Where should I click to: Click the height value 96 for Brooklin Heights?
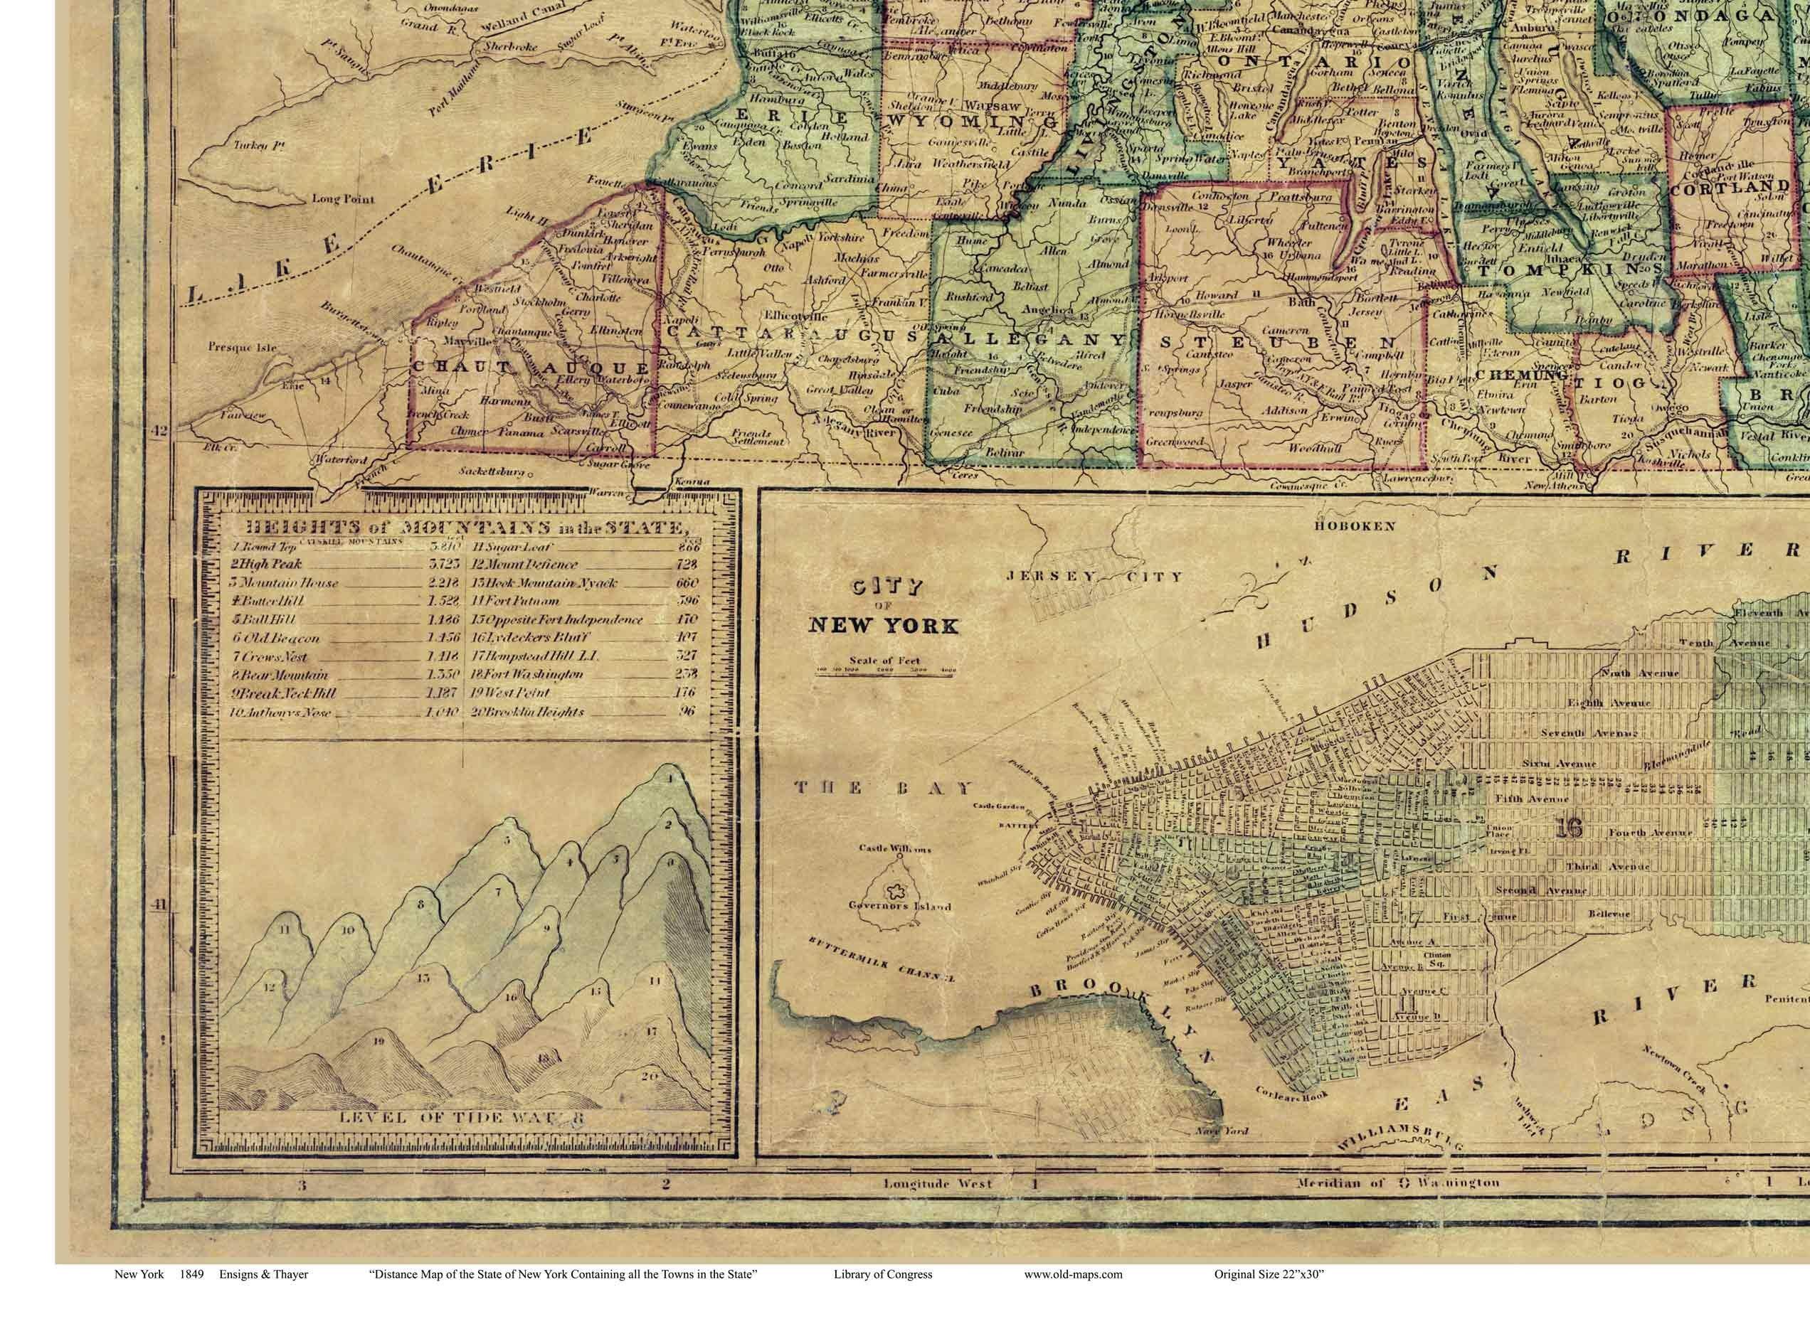click(688, 711)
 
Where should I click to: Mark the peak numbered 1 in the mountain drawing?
click(669, 778)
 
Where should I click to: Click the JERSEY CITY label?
click(1094, 576)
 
